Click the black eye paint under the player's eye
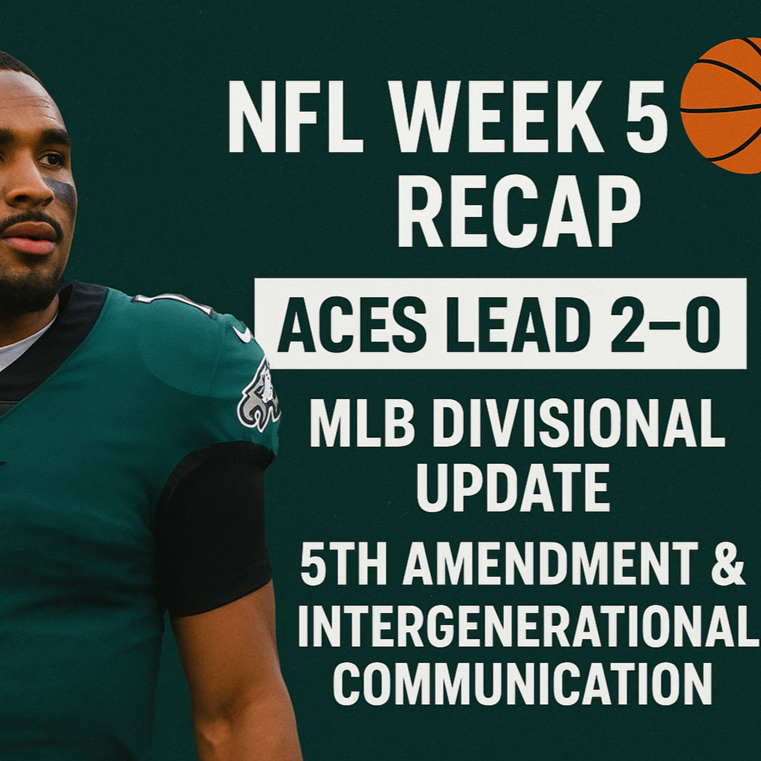[63, 189]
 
